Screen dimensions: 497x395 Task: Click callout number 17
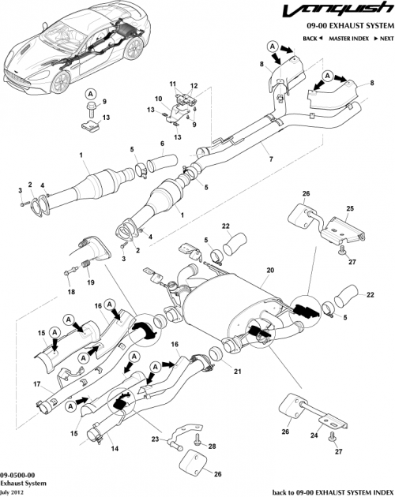(36, 384)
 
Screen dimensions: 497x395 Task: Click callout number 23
(156, 439)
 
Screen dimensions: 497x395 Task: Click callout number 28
(211, 447)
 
